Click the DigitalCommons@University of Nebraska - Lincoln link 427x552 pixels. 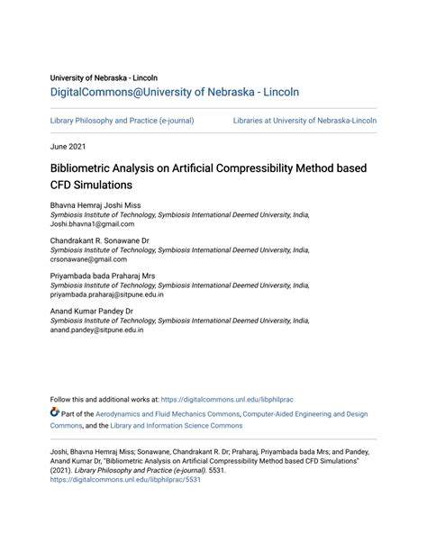pos(174,92)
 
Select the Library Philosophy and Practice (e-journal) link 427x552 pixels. pos(122,120)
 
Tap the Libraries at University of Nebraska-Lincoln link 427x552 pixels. pos(304,120)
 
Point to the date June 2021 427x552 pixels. pos(70,146)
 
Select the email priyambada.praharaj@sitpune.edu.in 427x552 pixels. pos(113,294)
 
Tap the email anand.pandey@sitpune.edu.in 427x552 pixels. pos(96,330)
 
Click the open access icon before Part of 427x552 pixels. pos(55,414)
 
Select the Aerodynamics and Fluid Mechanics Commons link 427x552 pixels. pos(163,414)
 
